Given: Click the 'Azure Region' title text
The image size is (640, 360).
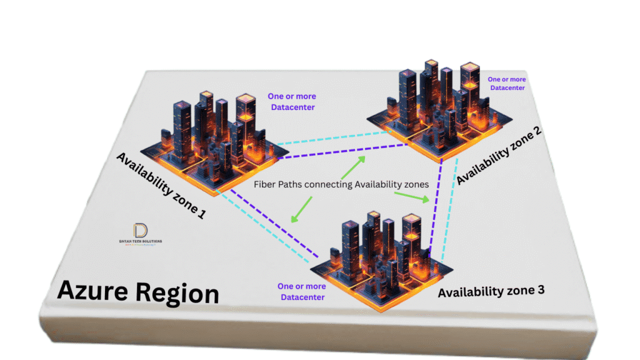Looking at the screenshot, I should (x=138, y=292).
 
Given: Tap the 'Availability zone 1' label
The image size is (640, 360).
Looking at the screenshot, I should (x=161, y=186).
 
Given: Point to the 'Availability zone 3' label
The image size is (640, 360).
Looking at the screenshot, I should (x=491, y=291).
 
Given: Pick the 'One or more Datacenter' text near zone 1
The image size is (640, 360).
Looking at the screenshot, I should (x=292, y=102).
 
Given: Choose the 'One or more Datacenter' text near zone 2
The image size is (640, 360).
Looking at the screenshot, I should (x=507, y=84).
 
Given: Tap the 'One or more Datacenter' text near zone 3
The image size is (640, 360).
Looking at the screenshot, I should (x=302, y=291).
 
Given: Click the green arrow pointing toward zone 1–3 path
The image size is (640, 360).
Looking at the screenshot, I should (x=302, y=209).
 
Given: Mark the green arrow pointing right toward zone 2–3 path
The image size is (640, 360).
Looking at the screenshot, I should (x=412, y=197).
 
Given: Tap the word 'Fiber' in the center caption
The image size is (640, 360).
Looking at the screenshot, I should (x=266, y=185).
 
